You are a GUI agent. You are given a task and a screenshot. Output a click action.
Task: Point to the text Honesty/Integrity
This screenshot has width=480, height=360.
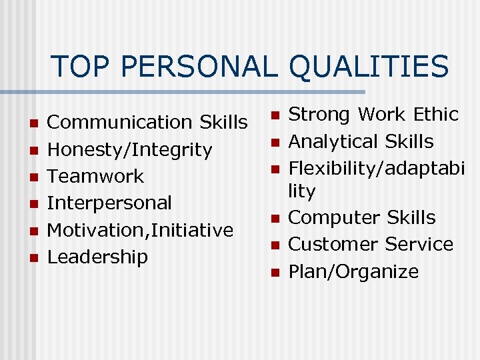[130, 150]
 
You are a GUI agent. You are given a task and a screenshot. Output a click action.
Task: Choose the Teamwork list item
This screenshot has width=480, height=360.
[96, 177]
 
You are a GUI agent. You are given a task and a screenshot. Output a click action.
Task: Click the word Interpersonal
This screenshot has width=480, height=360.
[110, 203]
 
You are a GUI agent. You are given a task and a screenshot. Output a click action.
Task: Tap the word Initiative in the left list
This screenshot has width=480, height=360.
[194, 230]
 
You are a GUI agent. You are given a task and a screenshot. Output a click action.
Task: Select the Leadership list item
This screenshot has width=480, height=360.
[98, 257]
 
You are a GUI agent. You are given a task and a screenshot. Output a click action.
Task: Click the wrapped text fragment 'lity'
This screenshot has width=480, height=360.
[301, 191]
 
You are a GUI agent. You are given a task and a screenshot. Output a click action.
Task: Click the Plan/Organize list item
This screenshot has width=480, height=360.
[353, 272]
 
